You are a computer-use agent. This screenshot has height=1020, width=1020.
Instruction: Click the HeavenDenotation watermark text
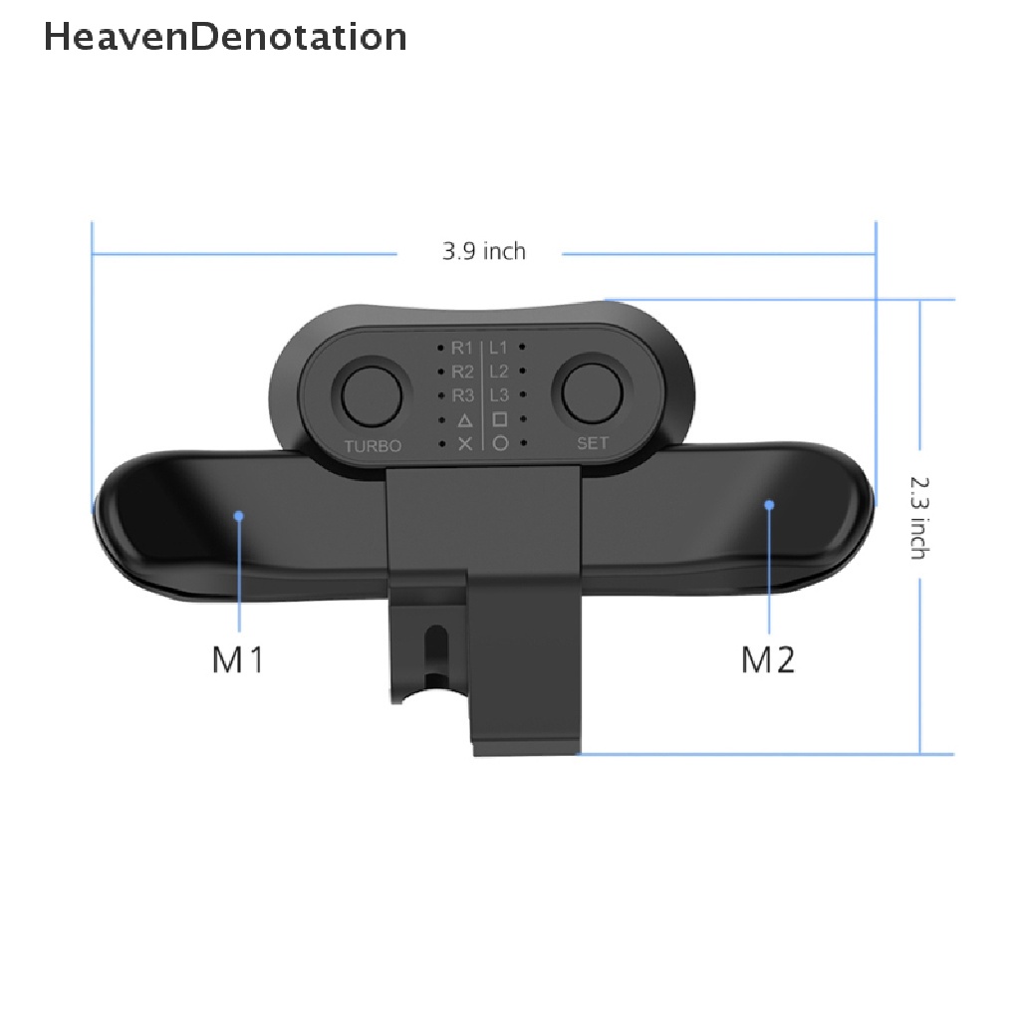tap(225, 37)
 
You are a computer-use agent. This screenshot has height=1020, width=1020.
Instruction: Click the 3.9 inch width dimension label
tap(484, 251)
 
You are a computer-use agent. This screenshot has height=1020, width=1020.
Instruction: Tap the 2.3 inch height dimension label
tap(919, 518)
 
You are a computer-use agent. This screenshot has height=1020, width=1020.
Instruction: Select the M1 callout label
tap(237, 659)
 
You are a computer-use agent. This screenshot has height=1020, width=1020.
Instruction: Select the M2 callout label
tap(768, 659)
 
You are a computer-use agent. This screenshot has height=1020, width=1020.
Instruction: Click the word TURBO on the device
tap(373, 446)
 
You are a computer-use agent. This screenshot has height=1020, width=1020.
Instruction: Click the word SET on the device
tap(593, 443)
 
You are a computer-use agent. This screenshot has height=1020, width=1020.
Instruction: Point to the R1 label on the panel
tap(462, 348)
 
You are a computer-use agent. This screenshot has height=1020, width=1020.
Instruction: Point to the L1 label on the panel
tap(498, 348)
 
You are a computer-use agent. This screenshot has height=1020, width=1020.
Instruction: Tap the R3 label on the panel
tap(462, 395)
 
